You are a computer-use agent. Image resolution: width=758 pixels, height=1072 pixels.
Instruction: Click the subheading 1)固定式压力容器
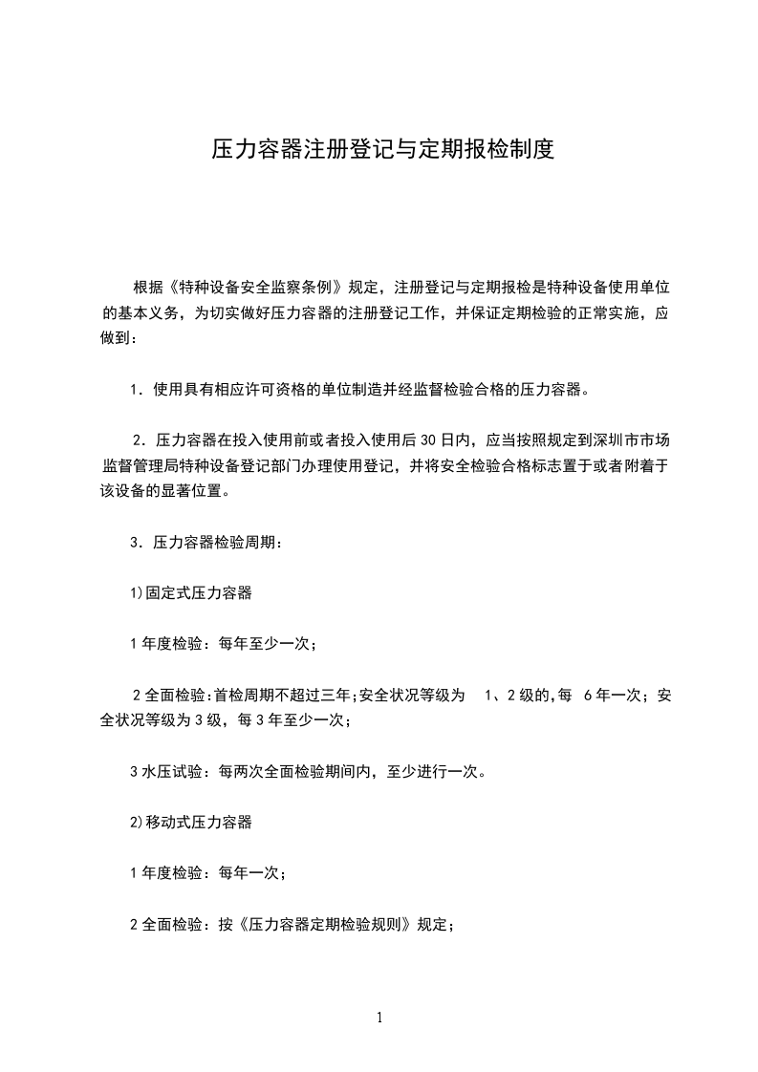pos(191,593)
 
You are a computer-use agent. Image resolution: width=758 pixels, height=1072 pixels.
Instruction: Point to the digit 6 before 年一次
pos(587,696)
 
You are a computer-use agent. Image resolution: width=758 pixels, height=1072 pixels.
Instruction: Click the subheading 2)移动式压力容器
pos(191,822)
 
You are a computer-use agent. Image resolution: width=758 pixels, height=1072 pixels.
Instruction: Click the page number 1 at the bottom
pos(379,1018)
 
